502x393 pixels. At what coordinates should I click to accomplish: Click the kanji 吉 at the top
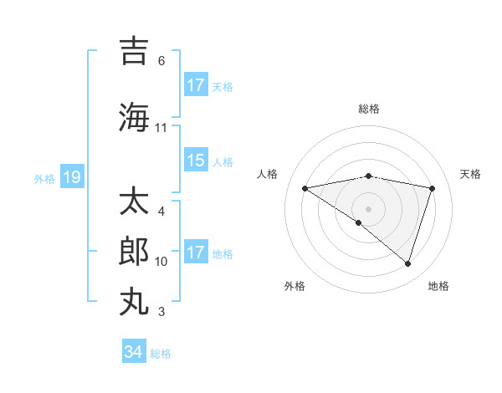click(135, 51)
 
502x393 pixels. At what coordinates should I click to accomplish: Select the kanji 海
click(135, 116)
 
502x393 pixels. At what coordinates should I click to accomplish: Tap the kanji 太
click(135, 202)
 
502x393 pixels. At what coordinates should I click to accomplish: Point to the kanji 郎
click(135, 251)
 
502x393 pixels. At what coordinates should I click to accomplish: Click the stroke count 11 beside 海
click(161, 128)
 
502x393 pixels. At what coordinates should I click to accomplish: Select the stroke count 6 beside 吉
click(161, 61)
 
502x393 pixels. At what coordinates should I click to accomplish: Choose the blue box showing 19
click(72, 177)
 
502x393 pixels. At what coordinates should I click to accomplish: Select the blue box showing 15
click(196, 161)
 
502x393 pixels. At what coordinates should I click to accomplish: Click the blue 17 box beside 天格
click(196, 85)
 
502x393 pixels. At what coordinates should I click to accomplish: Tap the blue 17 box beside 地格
click(196, 253)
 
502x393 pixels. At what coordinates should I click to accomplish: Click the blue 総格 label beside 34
click(161, 354)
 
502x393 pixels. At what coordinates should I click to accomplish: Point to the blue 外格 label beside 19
click(44, 178)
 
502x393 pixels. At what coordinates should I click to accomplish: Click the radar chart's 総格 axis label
click(368, 109)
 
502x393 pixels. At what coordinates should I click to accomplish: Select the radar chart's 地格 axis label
click(438, 286)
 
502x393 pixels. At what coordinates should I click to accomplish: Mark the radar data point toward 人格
click(305, 188)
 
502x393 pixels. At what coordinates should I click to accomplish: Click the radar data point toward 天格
click(432, 188)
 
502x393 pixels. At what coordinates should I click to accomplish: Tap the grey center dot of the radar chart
click(368, 208)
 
